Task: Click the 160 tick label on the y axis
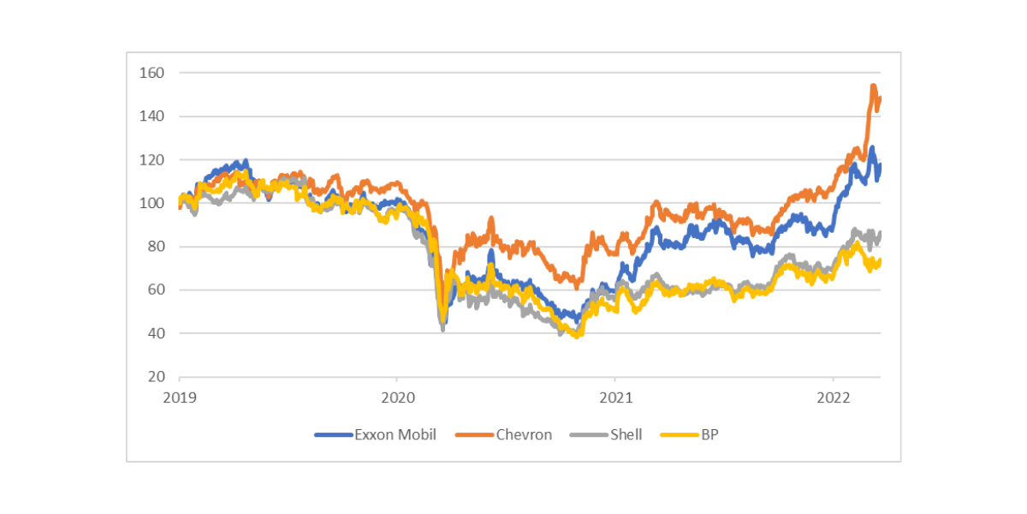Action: click(x=151, y=73)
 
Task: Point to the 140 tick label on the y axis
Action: click(x=151, y=117)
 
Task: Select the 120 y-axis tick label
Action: click(x=151, y=160)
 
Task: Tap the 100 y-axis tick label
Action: click(x=151, y=203)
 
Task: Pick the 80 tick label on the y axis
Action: click(x=154, y=247)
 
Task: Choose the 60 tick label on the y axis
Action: click(x=154, y=290)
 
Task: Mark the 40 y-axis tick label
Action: click(x=154, y=333)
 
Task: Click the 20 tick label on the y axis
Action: click(x=154, y=377)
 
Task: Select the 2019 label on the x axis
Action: click(x=180, y=397)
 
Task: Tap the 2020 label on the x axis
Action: click(x=397, y=397)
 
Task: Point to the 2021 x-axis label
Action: click(x=615, y=397)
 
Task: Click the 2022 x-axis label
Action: click(x=834, y=397)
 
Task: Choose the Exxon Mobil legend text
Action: click(x=395, y=434)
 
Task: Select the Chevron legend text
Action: click(x=524, y=434)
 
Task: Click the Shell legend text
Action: click(x=626, y=434)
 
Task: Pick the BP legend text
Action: click(x=709, y=434)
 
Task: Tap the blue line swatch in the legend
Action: click(x=334, y=435)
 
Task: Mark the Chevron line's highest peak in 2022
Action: click(x=873, y=86)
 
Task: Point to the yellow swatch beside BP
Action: click(x=680, y=435)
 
